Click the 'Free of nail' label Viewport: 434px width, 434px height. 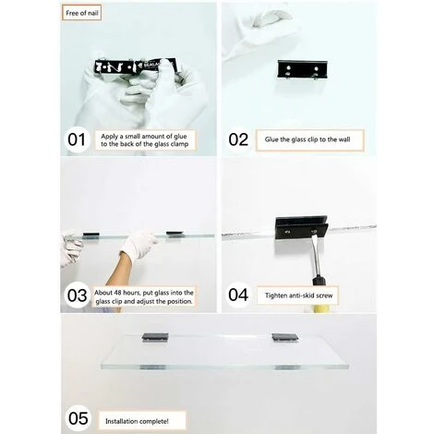point(81,13)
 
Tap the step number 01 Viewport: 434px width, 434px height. point(77,139)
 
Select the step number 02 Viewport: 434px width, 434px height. point(238,139)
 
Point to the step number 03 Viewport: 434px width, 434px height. point(77,295)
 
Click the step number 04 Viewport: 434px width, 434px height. point(238,295)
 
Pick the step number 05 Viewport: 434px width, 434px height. point(78,418)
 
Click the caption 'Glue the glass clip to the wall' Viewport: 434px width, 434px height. point(307,139)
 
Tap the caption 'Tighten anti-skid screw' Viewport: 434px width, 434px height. point(299,295)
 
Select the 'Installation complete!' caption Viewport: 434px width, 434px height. point(137,421)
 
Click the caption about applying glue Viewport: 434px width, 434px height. point(145,140)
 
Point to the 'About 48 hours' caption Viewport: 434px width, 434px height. point(144,296)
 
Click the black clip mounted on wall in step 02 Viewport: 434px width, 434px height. point(302,69)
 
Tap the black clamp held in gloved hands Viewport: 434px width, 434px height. point(136,66)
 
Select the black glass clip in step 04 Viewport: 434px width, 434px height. point(301,227)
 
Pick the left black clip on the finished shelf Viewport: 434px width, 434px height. point(155,337)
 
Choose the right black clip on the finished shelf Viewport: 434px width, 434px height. point(285,337)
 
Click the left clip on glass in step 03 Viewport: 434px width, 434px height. point(91,235)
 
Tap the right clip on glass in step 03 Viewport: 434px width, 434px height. point(175,234)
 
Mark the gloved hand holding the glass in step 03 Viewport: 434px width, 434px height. point(139,244)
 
